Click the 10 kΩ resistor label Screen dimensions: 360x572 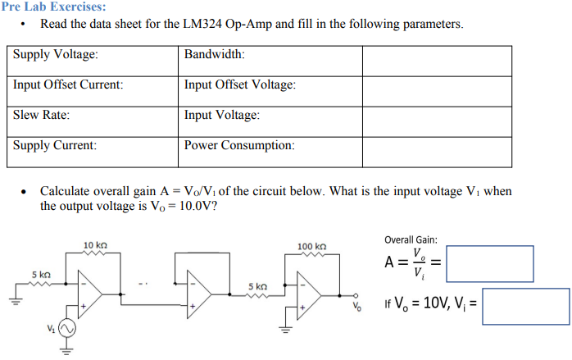click(95, 245)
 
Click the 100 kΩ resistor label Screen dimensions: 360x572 click(312, 245)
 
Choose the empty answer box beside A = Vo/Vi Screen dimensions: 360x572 click(489, 263)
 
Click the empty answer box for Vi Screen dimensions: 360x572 click(525, 306)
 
